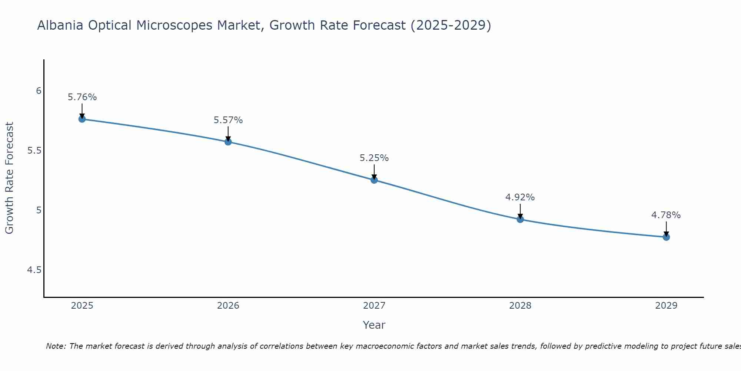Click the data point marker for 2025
(82, 119)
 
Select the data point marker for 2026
(228, 142)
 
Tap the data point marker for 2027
(374, 180)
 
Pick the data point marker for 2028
(520, 219)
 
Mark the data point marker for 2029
(666, 237)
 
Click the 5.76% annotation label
(82, 97)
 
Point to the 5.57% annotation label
(228, 120)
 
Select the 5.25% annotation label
(374, 158)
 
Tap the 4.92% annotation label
(520, 197)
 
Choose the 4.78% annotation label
(666, 215)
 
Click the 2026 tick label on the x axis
(228, 306)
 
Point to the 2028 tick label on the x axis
(520, 306)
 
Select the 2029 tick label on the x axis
(666, 306)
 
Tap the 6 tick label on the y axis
(39, 91)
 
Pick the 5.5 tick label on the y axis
(34, 151)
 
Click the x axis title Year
(374, 325)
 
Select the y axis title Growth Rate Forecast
(9, 178)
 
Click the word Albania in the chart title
(60, 25)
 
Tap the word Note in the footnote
(55, 346)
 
